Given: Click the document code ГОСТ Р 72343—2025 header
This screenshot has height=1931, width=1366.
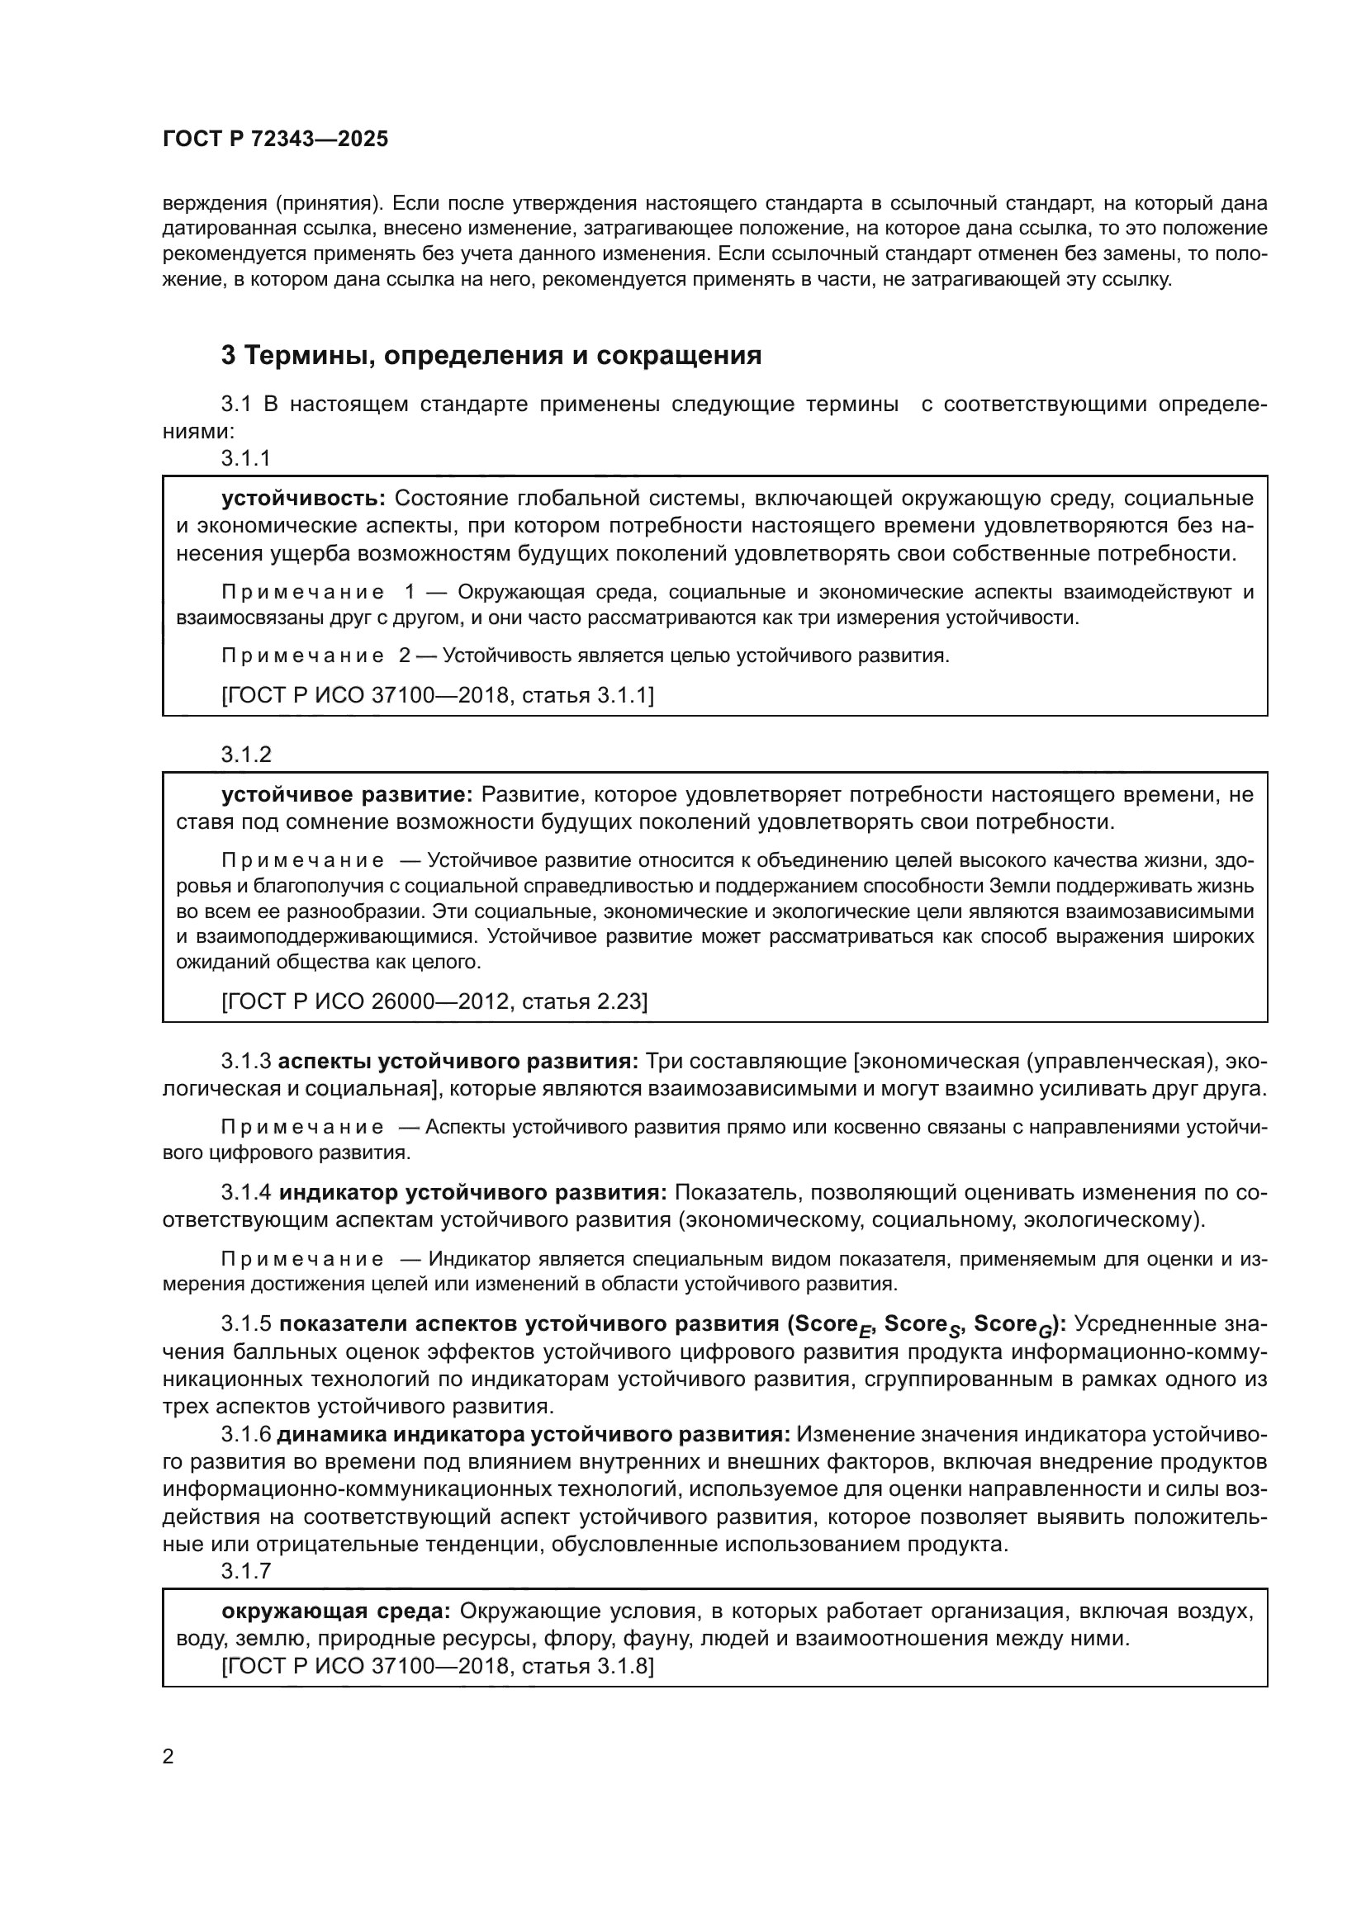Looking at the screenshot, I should click(275, 139).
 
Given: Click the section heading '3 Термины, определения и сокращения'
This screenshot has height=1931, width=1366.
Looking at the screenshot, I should click(491, 356).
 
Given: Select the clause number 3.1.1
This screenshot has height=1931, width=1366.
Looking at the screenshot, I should click(245, 457).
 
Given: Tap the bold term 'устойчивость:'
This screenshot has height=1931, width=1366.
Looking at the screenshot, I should click(304, 499).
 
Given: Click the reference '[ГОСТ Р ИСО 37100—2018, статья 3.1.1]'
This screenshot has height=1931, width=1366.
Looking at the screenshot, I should click(438, 695).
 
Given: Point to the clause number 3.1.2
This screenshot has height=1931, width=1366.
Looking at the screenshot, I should click(246, 755).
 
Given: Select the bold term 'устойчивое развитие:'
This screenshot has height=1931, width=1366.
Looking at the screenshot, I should click(348, 795).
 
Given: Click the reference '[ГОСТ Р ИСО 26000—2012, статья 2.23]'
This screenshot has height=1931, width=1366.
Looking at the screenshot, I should click(434, 1001).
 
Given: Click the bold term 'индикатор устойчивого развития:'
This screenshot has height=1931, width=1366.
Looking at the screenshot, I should click(472, 1193).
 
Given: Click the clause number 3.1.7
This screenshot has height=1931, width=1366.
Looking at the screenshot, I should click(245, 1570).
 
